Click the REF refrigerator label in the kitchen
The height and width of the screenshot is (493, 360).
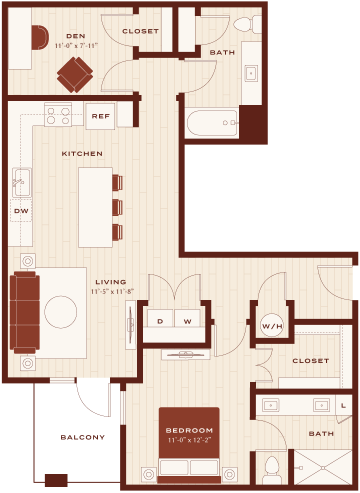pyautogui.click(x=100, y=116)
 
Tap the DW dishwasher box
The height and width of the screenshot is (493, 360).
pyautogui.click(x=21, y=210)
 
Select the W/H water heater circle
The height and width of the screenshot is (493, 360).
pyautogui.click(x=272, y=325)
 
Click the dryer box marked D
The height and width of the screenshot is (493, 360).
pyautogui.click(x=160, y=318)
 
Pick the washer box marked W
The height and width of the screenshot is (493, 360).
pyautogui.click(x=187, y=318)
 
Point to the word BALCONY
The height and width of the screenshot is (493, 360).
pyautogui.click(x=82, y=437)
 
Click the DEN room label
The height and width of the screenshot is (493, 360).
pyautogui.click(x=76, y=36)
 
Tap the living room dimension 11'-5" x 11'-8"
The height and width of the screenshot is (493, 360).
pyautogui.click(x=112, y=291)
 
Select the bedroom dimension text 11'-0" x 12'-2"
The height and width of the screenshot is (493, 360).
pyautogui.click(x=189, y=440)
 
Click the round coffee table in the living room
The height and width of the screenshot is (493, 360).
pyautogui.click(x=60, y=312)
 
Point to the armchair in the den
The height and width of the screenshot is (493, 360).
pyautogui.click(x=75, y=74)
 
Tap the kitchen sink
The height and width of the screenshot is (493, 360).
pyautogui.click(x=21, y=182)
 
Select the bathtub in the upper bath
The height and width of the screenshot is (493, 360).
pyautogui.click(x=211, y=122)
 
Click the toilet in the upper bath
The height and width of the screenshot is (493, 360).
pyautogui.click(x=248, y=24)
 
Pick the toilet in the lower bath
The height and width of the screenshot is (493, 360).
pyautogui.click(x=272, y=470)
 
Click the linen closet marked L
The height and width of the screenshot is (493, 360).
pyautogui.click(x=343, y=405)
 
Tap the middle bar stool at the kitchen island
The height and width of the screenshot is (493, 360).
pyautogui.click(x=117, y=207)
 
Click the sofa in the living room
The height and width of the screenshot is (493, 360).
pyautogui.click(x=24, y=312)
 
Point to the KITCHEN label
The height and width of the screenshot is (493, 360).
pyautogui.click(x=82, y=153)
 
